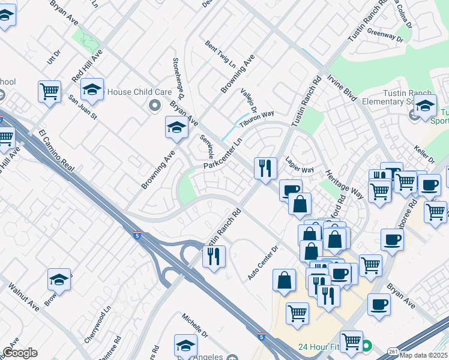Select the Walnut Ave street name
click(x=24, y=298)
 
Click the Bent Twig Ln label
click(x=220, y=54)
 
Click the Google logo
click(x=20, y=353)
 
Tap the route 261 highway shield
click(x=393, y=351)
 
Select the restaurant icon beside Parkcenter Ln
click(x=265, y=167)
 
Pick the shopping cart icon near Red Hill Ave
click(x=49, y=92)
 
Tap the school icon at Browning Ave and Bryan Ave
click(x=176, y=127)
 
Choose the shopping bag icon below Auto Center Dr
click(x=284, y=280)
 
